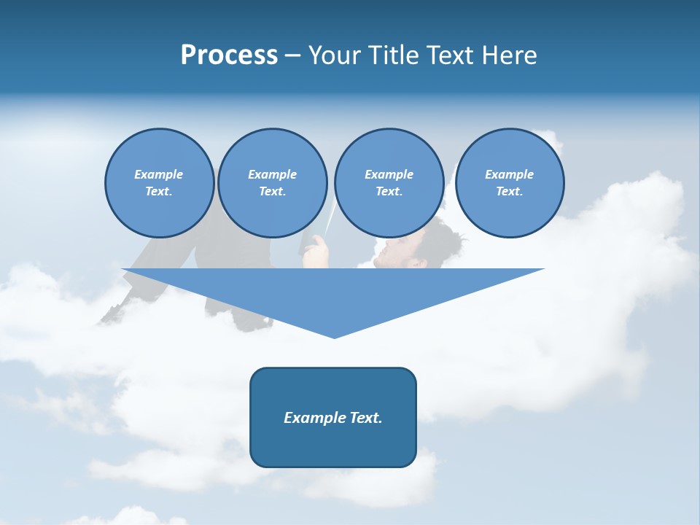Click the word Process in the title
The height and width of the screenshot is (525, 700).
pyautogui.click(x=229, y=55)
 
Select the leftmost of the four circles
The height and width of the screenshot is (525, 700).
pyautogui.click(x=159, y=182)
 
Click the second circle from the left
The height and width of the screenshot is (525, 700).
pyautogui.click(x=272, y=182)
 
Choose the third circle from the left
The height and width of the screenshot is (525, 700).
pyautogui.click(x=389, y=182)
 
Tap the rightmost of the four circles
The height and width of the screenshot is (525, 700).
pyautogui.click(x=509, y=182)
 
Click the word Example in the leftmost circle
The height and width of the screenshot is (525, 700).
pyautogui.click(x=159, y=174)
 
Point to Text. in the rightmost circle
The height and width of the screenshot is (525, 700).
pyautogui.click(x=509, y=191)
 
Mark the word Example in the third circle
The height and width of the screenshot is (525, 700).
pyautogui.click(x=389, y=174)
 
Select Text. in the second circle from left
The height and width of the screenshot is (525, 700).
pyautogui.click(x=272, y=191)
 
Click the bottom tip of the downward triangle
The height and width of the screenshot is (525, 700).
pyautogui.click(x=334, y=336)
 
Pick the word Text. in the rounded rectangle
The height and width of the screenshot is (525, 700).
pyautogui.click(x=365, y=418)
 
